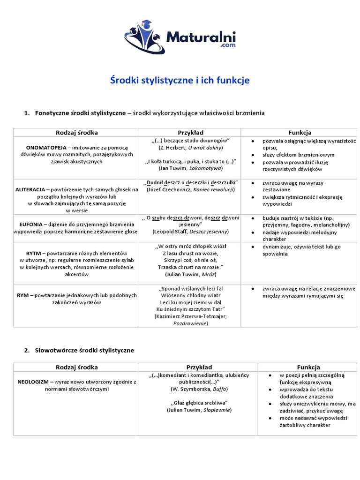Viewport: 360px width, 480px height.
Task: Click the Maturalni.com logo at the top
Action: (180, 36)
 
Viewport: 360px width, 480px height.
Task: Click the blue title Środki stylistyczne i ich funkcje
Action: (180, 81)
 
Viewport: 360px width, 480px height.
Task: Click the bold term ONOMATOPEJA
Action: (45, 147)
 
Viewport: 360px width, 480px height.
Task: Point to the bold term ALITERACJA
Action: (30, 190)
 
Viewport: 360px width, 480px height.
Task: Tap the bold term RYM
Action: (22, 295)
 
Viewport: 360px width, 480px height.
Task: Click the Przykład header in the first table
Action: (190, 133)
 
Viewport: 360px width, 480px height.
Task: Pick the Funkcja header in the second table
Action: (308, 367)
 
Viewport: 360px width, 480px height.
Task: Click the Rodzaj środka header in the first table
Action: (77, 133)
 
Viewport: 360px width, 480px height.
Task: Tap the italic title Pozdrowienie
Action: (190, 323)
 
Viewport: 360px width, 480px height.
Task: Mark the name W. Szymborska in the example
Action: (188, 389)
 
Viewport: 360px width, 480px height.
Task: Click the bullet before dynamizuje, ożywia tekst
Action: (253, 247)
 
